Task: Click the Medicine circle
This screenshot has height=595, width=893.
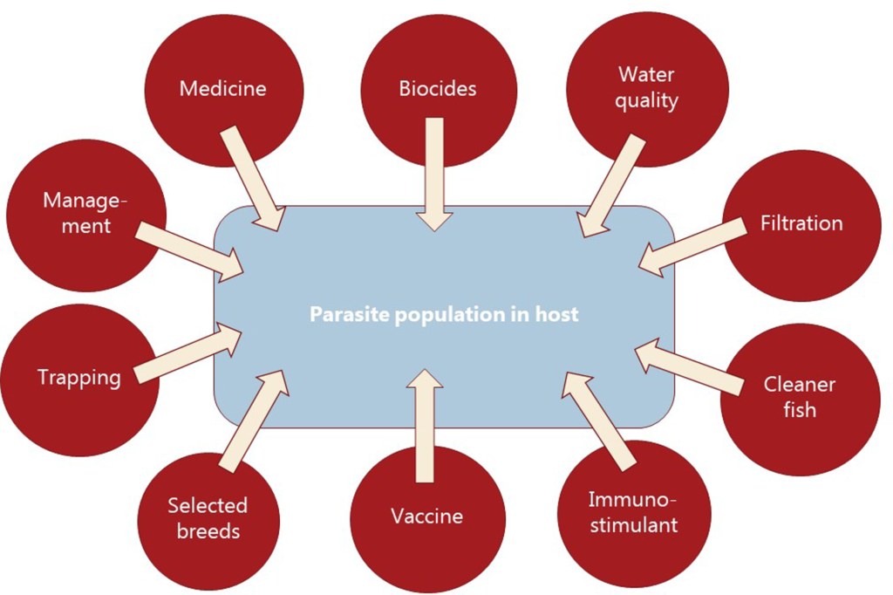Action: pyautogui.click(x=222, y=88)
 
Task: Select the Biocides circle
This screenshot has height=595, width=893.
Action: pyautogui.click(x=438, y=88)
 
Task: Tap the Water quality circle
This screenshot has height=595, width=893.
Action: pyautogui.click(x=646, y=88)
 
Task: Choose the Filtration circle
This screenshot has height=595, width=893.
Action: pyautogui.click(x=801, y=223)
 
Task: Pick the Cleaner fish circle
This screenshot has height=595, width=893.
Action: pyautogui.click(x=799, y=397)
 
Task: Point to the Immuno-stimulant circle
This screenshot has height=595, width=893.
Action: pyautogui.click(x=632, y=513)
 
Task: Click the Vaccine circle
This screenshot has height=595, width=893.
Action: pyautogui.click(x=426, y=516)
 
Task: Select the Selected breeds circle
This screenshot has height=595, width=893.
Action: pyautogui.click(x=208, y=517)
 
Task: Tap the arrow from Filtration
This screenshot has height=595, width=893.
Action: pyautogui.click(x=694, y=246)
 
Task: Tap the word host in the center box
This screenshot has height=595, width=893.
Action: pyautogui.click(x=558, y=314)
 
